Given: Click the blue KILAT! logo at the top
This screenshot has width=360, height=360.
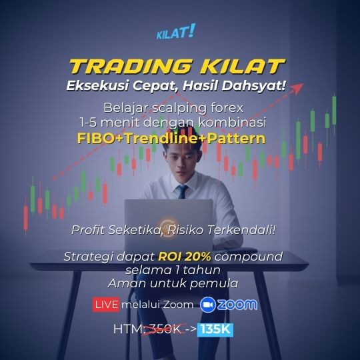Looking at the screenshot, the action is pos(176,31).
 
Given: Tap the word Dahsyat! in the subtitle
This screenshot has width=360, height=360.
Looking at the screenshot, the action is pos(254,86).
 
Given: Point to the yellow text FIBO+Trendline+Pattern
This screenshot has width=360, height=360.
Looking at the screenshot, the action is pos(171,139).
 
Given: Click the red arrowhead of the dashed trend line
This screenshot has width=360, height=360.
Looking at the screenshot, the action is pos(297,88).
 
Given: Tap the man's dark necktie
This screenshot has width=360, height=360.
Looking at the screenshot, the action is pos(182,192).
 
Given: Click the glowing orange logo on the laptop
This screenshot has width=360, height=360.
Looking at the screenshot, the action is pos(167,226).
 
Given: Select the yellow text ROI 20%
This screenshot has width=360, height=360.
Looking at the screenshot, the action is pos(185,257).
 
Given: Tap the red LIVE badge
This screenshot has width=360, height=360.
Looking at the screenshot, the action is pos(106,305).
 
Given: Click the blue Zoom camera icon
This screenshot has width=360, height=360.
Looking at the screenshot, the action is pos(208,305).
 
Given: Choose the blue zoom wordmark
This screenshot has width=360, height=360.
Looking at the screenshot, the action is pos(237,305).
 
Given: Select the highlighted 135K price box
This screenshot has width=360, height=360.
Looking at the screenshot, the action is pos(215,330).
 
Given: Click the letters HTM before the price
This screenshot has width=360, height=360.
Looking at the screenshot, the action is pos(127,329).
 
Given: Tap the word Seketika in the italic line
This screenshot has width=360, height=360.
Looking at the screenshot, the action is pos(134,230).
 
